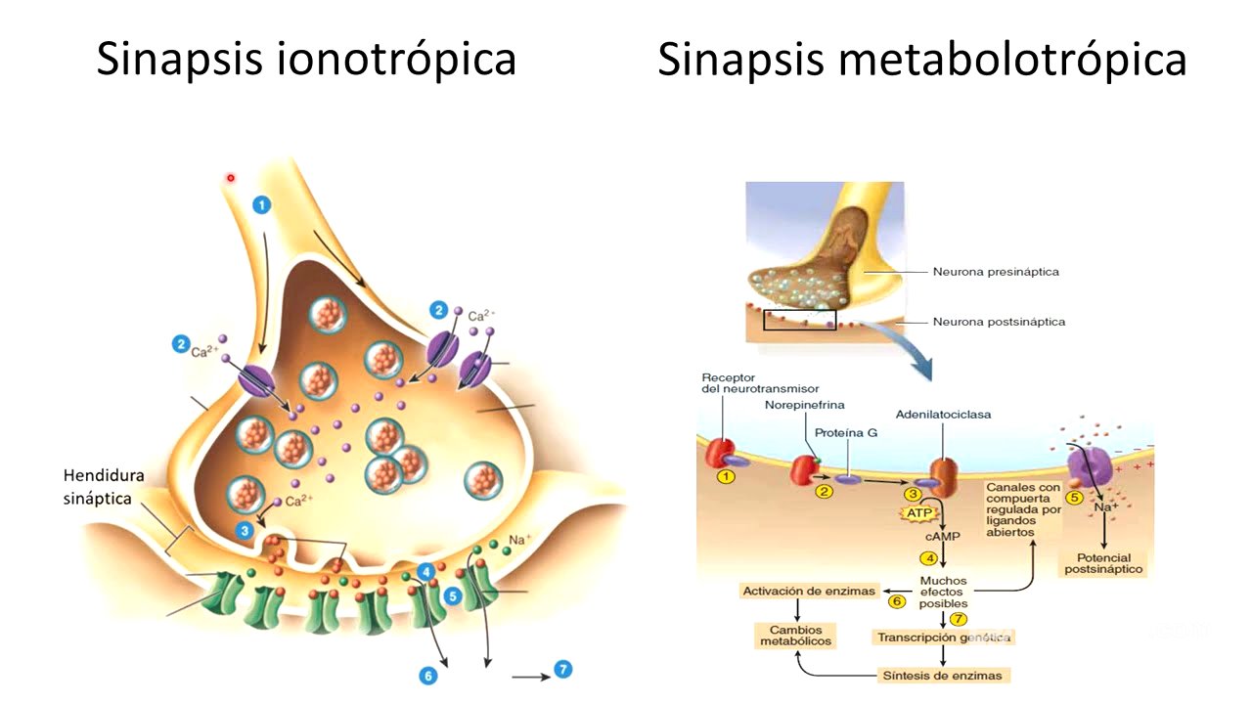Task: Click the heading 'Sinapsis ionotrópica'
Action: coord(306,59)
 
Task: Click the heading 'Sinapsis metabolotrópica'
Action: coord(921,59)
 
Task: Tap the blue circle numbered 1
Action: coord(261,204)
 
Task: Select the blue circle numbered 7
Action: coord(562,669)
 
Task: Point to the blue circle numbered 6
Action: coord(427,676)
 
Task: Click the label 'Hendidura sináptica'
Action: coord(104,487)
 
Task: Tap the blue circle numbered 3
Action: coord(246,530)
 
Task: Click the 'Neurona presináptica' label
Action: coord(996,272)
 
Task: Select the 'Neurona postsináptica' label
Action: coord(999,322)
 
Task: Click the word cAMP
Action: coord(941,537)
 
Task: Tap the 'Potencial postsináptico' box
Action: coord(1102,563)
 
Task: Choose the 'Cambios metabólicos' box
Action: coord(796,636)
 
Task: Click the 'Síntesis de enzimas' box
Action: coord(942,675)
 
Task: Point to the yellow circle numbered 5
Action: coord(1074,498)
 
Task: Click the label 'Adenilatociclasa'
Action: coord(943,415)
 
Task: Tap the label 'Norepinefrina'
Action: coord(805,404)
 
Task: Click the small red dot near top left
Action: coord(231,178)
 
